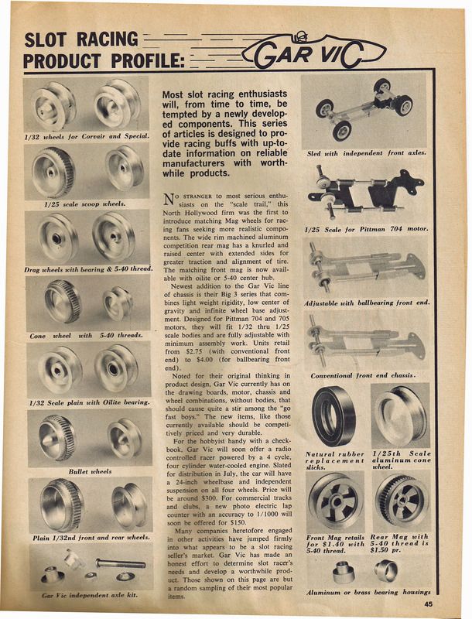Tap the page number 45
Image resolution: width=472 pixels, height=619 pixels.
coord(427,604)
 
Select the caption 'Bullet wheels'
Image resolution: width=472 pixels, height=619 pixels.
coord(90,470)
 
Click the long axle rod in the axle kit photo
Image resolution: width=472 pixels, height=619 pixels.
coord(121,563)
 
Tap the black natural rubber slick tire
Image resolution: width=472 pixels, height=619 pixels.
coord(334,415)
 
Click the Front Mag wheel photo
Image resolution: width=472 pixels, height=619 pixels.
coord(334,500)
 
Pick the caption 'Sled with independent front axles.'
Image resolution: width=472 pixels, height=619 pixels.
coord(367,153)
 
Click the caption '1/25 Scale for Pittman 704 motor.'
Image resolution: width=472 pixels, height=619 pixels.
coord(367,230)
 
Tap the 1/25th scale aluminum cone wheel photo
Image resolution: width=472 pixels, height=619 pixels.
coord(401,415)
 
